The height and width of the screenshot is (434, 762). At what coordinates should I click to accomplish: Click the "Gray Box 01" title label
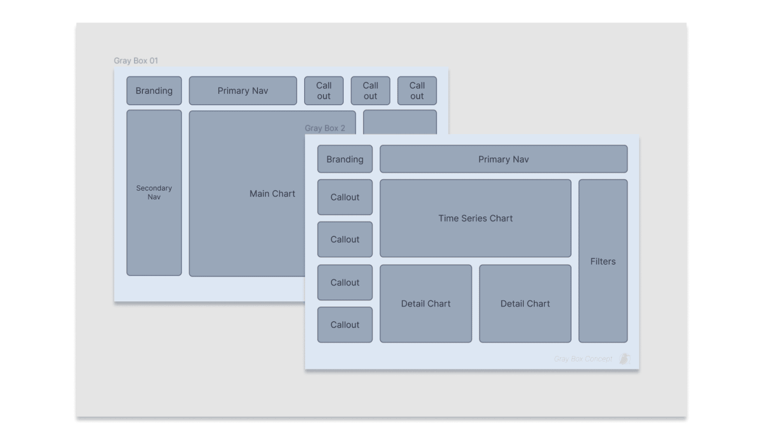pos(136,61)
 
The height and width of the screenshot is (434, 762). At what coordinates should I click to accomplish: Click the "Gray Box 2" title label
pos(324,128)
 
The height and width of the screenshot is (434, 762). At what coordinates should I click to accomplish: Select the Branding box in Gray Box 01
pos(154,91)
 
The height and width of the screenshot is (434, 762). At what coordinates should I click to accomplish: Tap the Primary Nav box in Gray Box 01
pos(243,91)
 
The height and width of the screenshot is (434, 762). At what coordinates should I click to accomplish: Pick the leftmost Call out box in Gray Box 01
pos(323,91)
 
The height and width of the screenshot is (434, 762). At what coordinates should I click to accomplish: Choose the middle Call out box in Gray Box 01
pos(370,91)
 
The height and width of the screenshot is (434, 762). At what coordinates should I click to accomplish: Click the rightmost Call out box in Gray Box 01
pos(417,91)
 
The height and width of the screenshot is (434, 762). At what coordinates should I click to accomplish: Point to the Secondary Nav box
pos(154,193)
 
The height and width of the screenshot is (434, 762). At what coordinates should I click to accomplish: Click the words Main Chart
pos(272,194)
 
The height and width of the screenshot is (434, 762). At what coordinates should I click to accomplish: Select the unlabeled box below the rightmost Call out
pos(400,122)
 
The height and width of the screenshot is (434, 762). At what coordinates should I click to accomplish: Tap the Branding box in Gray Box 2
pos(345,159)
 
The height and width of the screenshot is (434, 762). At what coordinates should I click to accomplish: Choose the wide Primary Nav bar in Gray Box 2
pos(503,159)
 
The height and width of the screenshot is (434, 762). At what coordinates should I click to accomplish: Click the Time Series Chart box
pos(475,218)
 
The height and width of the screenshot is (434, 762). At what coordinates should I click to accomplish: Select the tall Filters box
pos(603,261)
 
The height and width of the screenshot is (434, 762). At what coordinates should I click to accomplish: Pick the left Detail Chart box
pos(426,304)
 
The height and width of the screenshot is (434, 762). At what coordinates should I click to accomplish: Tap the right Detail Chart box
pos(525,304)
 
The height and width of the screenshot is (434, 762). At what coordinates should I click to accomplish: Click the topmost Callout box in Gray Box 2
pos(345,197)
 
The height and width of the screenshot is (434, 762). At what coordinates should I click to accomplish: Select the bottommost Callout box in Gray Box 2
pos(345,325)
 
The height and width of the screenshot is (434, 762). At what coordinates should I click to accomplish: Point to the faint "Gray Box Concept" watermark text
pos(583,359)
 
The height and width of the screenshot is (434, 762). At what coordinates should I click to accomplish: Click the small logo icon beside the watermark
pos(625,359)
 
